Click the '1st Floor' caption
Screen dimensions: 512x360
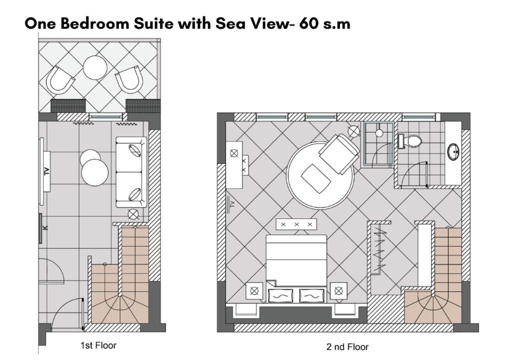pyautogui.click(x=98, y=345)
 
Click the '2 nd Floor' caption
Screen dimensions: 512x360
pyautogui.click(x=347, y=347)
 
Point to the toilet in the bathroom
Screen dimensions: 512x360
pyautogui.click(x=410, y=141)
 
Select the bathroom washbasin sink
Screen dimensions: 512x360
pyautogui.click(x=453, y=151)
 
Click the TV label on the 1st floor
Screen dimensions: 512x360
pyautogui.click(x=46, y=171)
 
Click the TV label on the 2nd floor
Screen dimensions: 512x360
pyautogui.click(x=232, y=204)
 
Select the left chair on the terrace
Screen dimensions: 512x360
pyautogui.click(x=60, y=80)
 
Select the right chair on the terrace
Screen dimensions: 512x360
pyautogui.click(x=129, y=79)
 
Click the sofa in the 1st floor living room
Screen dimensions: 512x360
pyautogui.click(x=131, y=172)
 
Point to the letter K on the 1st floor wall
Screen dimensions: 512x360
pyautogui.click(x=45, y=227)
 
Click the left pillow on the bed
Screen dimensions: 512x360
pyautogui.click(x=280, y=296)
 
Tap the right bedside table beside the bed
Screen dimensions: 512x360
pyautogui.click(x=338, y=290)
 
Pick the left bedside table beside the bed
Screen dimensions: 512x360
pyautogui.click(x=254, y=290)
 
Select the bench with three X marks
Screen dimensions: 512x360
pyautogui.click(x=296, y=224)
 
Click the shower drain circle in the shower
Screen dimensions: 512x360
pyautogui.click(x=379, y=133)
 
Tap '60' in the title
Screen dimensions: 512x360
pyautogui.click(x=309, y=23)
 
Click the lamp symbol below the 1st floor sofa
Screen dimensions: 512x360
pyautogui.click(x=133, y=214)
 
